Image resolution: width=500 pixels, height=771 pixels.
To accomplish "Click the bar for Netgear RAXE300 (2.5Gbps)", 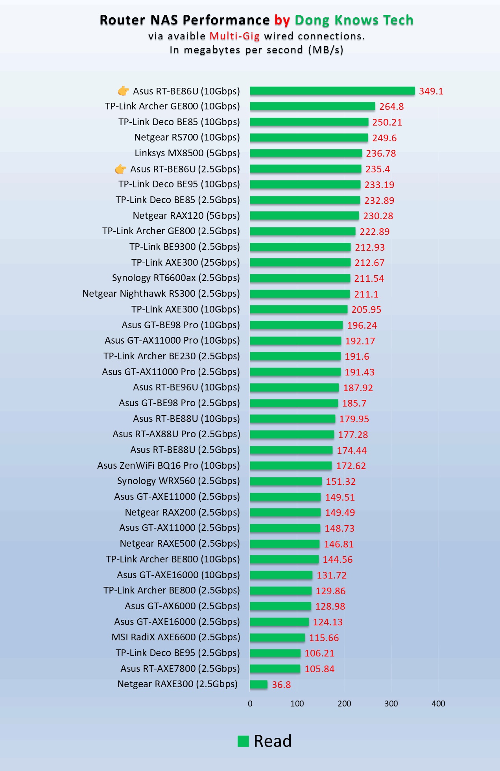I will tap(259, 684).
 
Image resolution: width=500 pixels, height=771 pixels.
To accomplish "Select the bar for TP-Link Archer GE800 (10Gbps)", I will tap(312, 106).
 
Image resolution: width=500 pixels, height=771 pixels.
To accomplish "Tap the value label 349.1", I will tap(431, 91).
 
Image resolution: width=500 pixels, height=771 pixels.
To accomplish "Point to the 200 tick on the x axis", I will tap(344, 704).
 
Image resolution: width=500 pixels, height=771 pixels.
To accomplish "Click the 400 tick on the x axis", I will tap(438, 704).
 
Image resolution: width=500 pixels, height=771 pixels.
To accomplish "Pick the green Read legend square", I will tap(244, 741).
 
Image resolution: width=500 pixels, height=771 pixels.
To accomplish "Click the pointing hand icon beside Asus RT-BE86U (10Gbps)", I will tap(124, 91).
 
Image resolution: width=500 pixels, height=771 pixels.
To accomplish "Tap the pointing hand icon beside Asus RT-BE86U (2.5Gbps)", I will tap(121, 169).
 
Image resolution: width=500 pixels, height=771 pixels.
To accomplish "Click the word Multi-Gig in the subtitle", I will tap(234, 36).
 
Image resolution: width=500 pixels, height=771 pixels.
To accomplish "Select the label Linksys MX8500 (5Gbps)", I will tap(187, 153).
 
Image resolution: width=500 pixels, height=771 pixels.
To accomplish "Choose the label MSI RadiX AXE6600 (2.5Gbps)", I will tap(175, 637).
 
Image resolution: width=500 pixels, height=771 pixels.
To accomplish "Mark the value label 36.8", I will tap(281, 685).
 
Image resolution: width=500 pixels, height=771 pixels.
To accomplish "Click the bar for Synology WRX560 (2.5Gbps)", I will tap(286, 481).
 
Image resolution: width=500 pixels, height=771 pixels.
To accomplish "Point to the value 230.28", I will tap(378, 216).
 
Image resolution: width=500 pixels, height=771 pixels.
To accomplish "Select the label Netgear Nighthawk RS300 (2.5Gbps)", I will tap(161, 294).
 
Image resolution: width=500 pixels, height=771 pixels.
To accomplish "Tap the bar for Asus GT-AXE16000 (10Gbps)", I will tap(281, 575).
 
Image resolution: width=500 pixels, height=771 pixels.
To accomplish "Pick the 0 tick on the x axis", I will tap(250, 704).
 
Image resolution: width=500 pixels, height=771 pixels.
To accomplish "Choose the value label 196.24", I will tap(362, 325).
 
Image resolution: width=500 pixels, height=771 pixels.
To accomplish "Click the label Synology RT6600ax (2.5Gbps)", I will tap(176, 278).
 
